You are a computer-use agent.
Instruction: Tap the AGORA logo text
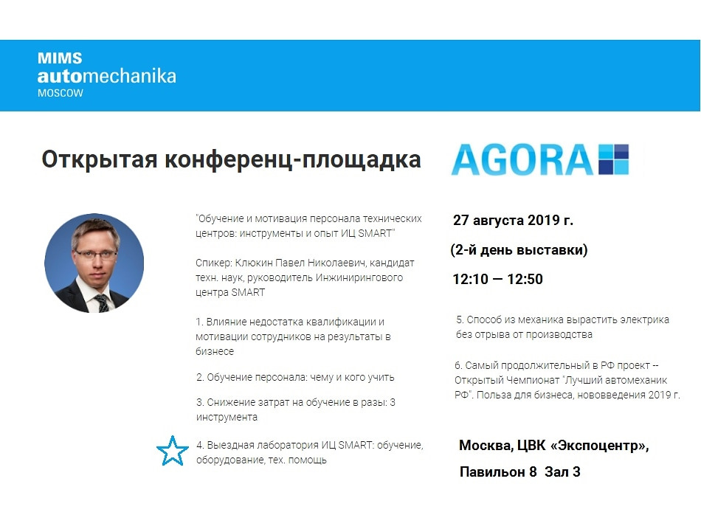click(x=522, y=159)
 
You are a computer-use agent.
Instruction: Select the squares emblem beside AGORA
click(x=614, y=159)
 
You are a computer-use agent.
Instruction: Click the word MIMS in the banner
click(x=60, y=58)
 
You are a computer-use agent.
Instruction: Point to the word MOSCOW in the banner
click(x=61, y=94)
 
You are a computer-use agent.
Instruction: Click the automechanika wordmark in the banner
click(x=107, y=75)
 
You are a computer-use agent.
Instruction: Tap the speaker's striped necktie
click(x=101, y=303)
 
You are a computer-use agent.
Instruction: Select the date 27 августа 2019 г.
click(x=514, y=220)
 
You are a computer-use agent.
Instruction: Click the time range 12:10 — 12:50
click(x=497, y=279)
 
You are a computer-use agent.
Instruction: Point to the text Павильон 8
click(x=498, y=471)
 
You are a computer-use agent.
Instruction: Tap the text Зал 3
click(x=562, y=471)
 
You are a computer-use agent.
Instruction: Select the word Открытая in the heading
click(x=100, y=159)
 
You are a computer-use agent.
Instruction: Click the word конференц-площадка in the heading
click(x=293, y=160)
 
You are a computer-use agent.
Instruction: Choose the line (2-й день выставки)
click(x=519, y=249)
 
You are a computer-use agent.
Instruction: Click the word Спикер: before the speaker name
click(x=214, y=263)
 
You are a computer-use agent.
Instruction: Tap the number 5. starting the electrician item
click(x=460, y=319)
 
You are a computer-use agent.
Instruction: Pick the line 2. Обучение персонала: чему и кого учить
click(x=295, y=377)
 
